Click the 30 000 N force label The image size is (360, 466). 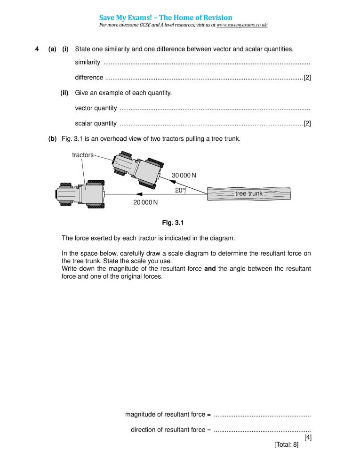pos(184,175)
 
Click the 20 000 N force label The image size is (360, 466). pos(145,202)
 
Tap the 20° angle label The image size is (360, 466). pos(180,190)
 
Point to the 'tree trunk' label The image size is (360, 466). pos(249,193)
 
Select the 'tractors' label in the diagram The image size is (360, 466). pos(83,155)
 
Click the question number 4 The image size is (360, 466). pos(37,49)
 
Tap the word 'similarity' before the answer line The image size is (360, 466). pos(88,63)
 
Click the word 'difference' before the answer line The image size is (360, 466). pos(89,77)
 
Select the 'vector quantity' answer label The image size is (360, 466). pos(96,108)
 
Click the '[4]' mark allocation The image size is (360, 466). pos(308,437)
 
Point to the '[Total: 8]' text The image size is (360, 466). pos(286,444)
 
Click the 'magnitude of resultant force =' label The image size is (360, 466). pos(168,414)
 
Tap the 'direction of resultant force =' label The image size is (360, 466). pos(170,430)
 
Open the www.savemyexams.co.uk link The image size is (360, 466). pos(242,24)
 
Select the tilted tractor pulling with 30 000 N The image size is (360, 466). pos(137,167)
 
